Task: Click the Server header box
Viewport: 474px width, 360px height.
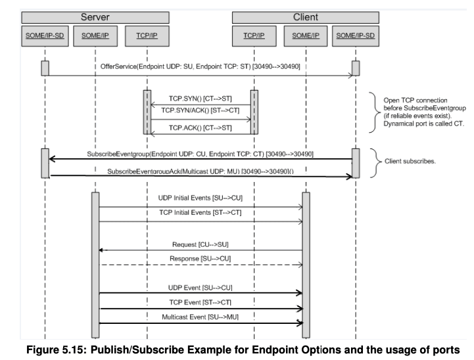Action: coord(95,17)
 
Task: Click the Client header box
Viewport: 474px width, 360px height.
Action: coord(302,17)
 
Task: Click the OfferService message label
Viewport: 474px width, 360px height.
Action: coord(201,67)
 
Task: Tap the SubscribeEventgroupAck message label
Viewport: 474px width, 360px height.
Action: coord(201,171)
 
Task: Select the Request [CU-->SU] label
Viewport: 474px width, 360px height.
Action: coord(199,244)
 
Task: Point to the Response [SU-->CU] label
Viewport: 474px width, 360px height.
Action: coord(199,259)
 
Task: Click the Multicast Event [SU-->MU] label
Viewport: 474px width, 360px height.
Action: coord(199,317)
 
